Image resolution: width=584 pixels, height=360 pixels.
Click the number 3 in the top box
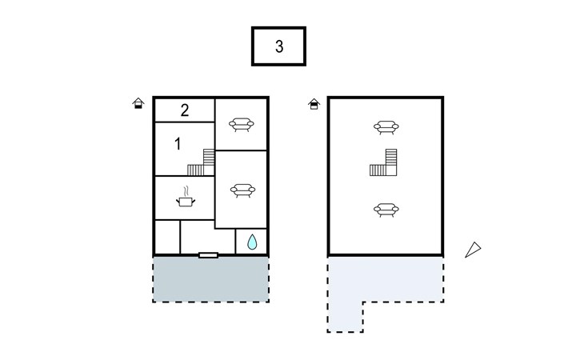coord(278,46)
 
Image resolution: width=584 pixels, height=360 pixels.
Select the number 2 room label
coord(184,110)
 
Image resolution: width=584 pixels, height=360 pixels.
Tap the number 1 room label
coord(177,144)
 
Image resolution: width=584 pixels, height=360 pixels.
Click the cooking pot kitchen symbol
coord(186,198)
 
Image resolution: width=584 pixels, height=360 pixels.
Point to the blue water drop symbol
coord(252,242)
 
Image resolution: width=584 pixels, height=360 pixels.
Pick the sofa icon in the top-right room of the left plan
coord(241,124)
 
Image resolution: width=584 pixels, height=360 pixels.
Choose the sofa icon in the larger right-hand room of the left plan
coord(241,190)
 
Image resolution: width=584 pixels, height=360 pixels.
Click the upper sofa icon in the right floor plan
coord(386,126)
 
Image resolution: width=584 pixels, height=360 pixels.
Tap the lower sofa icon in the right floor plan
coord(386,210)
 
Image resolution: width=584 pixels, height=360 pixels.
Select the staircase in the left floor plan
coord(202,162)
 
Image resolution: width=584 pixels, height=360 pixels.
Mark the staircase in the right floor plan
coord(385,162)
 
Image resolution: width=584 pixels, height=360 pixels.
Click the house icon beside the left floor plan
coord(138,103)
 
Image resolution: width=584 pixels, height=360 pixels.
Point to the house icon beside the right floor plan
coord(314,103)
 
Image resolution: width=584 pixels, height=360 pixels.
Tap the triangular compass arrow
coord(474,250)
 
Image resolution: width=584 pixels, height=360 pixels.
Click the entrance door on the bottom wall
coord(208,255)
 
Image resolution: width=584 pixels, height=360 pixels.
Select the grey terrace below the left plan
coord(210,279)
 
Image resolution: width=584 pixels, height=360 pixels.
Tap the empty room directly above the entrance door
coord(207,236)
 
